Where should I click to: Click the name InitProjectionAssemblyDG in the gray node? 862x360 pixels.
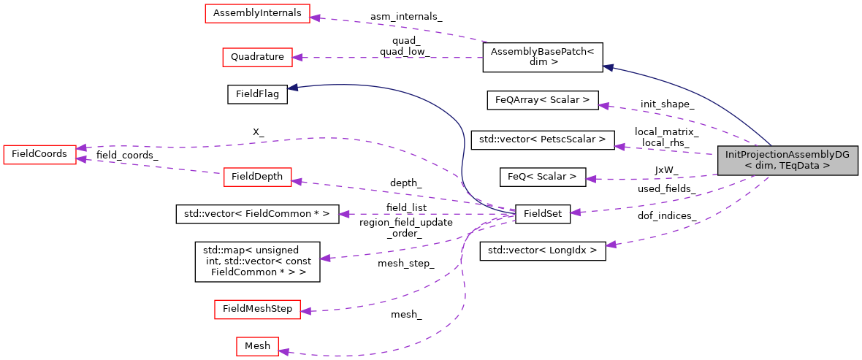click(787, 155)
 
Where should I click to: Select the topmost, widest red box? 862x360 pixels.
click(257, 13)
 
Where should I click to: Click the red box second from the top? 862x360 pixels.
click(257, 57)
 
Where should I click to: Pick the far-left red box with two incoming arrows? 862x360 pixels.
click(39, 154)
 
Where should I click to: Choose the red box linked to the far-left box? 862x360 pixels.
click(257, 177)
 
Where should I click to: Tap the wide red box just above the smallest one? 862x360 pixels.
click(257, 309)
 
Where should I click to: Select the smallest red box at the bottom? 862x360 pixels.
click(257, 346)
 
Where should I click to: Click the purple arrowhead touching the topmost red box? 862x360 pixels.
click(315, 18)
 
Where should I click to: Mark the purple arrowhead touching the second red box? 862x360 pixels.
click(297, 57)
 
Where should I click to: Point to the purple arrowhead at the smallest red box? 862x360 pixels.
click(283, 352)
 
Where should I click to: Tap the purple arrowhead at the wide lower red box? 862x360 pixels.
click(305, 311)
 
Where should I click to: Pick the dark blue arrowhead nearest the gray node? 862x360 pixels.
click(608, 67)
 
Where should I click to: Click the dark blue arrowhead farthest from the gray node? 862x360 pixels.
click(292, 88)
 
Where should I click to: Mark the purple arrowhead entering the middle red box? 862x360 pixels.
click(297, 181)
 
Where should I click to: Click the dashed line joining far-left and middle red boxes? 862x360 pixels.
click(150, 166)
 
